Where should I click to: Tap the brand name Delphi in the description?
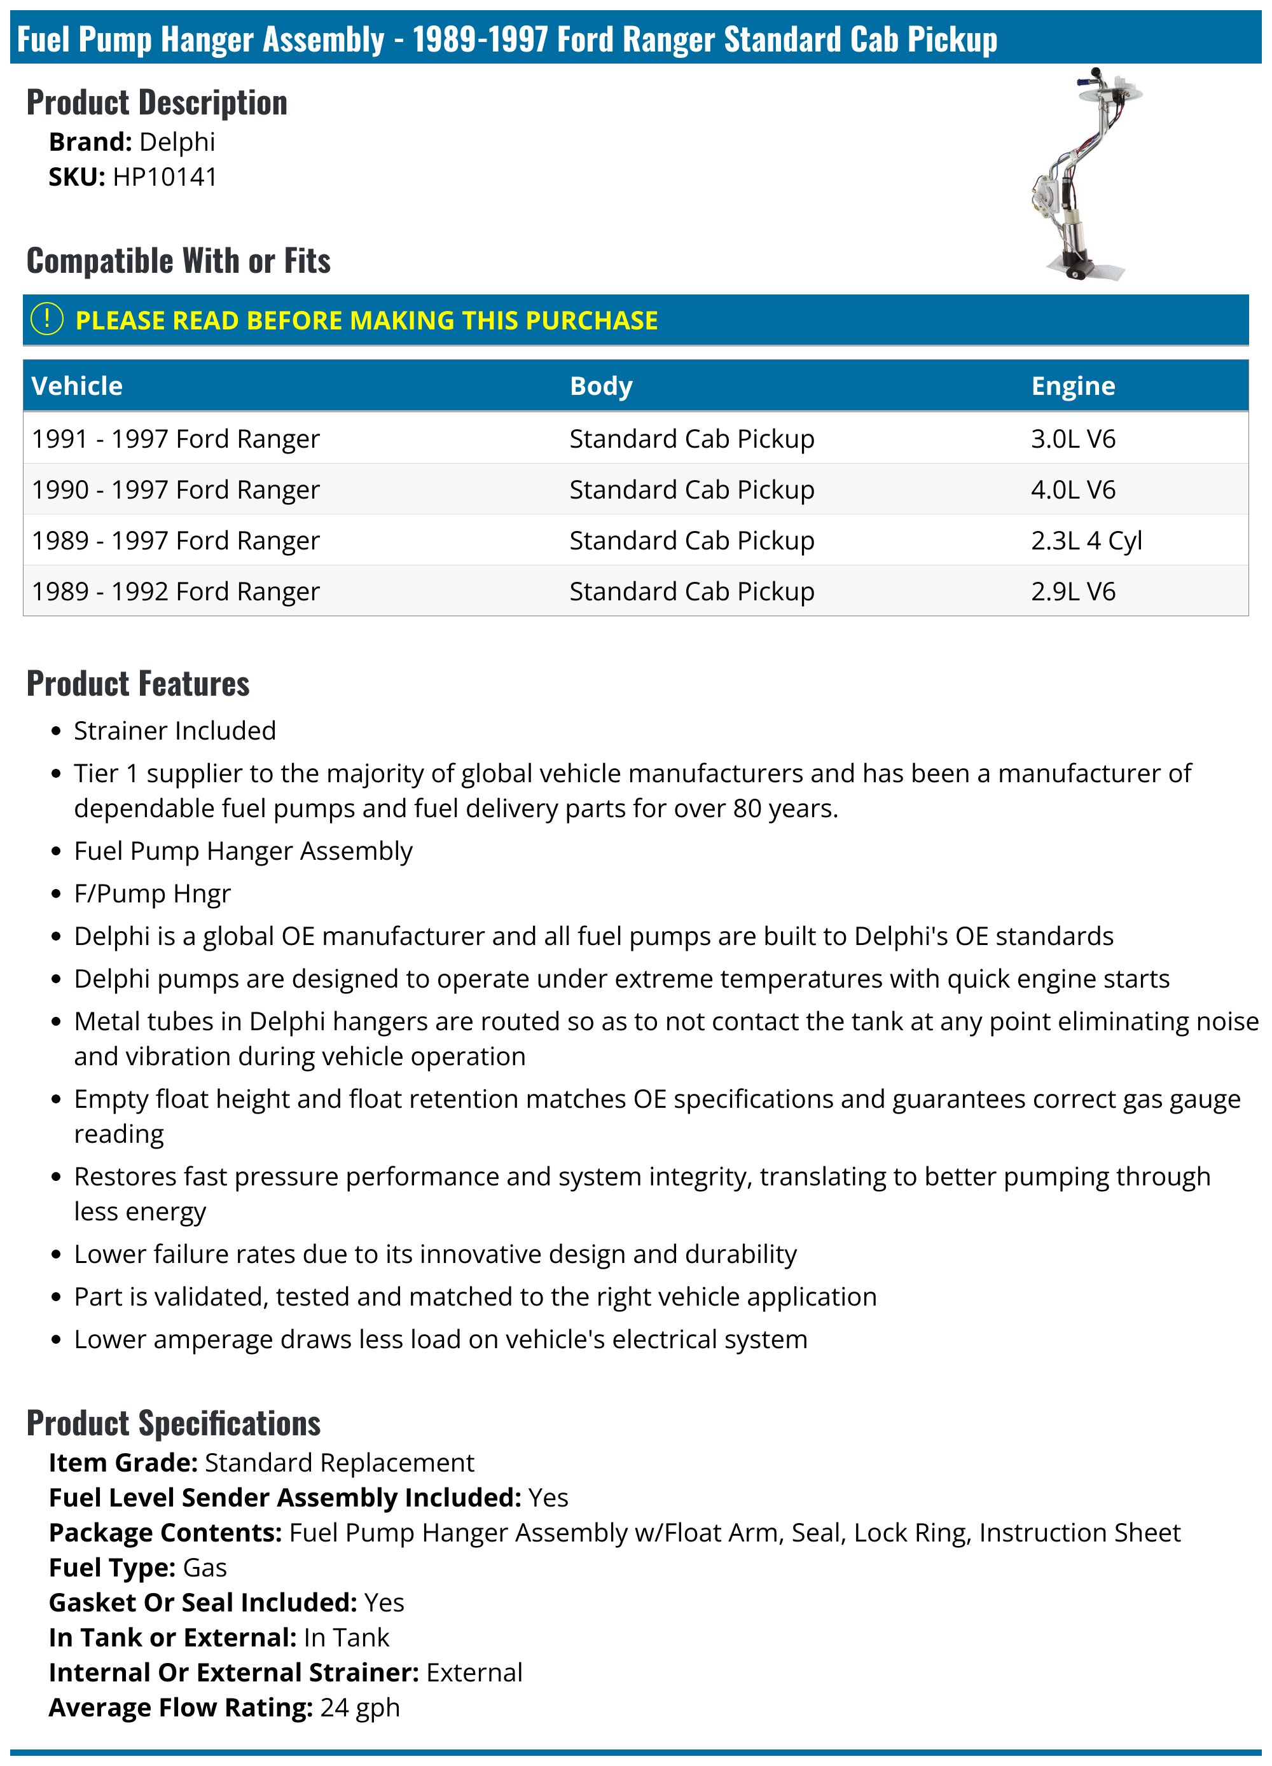[177, 142]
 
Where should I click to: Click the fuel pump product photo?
[1087, 174]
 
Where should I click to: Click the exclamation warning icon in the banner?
[46, 319]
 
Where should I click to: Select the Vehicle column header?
[77, 386]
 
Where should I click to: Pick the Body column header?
[600, 386]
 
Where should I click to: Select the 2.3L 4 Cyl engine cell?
[1086, 541]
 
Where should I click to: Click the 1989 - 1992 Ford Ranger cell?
[176, 592]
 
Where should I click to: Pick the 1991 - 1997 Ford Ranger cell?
[176, 439]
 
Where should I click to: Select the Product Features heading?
[138, 684]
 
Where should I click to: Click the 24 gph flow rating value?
[360, 1707]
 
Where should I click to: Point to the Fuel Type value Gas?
[205, 1568]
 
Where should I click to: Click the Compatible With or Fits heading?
[178, 261]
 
